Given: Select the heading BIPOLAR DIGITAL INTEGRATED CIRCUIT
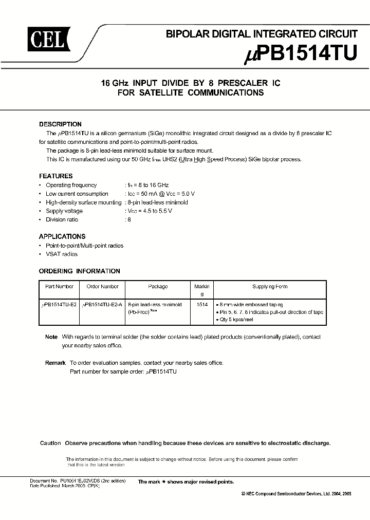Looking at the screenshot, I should point(261,34).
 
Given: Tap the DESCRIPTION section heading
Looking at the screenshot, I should point(60,124).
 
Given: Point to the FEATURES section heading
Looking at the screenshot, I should point(55,176).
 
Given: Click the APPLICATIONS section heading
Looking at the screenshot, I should point(62,236).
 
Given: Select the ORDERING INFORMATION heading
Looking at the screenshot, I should point(80,271).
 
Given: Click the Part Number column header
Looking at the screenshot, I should point(59,287).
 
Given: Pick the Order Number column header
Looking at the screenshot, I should point(102,287).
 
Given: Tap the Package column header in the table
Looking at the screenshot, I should point(157,287).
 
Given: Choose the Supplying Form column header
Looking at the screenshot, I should point(269,287).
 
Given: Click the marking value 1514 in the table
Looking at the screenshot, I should point(202,305).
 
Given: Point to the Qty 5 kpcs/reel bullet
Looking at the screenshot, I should point(237,320).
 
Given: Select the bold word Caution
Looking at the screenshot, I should point(50,443).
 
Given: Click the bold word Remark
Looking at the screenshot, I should point(55,363).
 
